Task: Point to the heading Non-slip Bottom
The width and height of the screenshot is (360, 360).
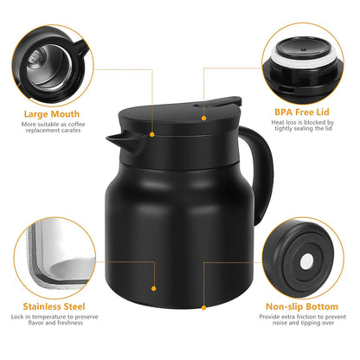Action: click(302, 306)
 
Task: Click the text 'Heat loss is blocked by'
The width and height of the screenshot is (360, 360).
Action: click(301, 125)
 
